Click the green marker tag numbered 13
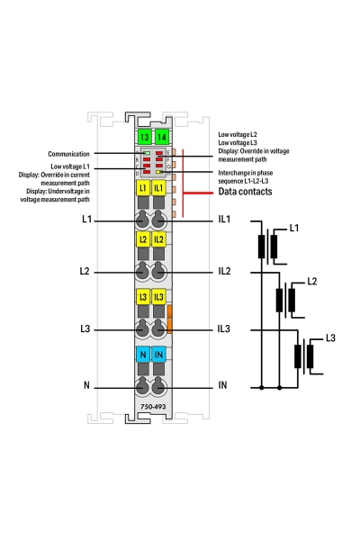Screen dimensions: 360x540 [x=144, y=137]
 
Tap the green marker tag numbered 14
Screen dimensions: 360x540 [x=161, y=137]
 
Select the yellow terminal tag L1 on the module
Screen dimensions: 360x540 [x=143, y=188]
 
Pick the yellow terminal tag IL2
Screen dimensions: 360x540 [x=158, y=239]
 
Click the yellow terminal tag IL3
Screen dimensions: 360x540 [x=158, y=297]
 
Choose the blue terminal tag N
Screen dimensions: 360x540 [x=143, y=355]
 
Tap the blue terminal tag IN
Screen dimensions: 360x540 [x=158, y=355]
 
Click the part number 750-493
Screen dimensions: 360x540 [x=153, y=407]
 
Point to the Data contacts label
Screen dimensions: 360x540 [x=246, y=192]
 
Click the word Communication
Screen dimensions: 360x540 [x=68, y=154]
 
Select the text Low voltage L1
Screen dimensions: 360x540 [x=70, y=166]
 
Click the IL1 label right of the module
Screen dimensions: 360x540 [x=224, y=219]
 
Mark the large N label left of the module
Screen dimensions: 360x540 [x=86, y=384]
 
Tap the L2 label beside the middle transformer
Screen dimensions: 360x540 [x=311, y=282]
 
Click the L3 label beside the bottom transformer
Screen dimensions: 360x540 [x=330, y=338]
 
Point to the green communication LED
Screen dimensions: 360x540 [x=147, y=153]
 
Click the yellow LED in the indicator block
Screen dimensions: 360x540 [x=158, y=172]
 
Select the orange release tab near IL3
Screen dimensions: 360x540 [x=169, y=319]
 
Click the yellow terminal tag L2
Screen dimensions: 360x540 [x=143, y=239]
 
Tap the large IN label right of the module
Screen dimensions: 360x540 [x=222, y=385]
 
